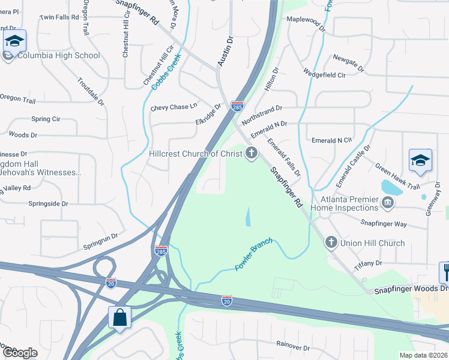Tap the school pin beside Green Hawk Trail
pyautogui.click(x=420, y=161)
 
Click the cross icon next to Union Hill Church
pyautogui.click(x=330, y=243)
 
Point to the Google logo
pyautogui.click(x=20, y=352)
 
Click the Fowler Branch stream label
pyautogui.click(x=254, y=254)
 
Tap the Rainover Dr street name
pyautogui.click(x=292, y=347)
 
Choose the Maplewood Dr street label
pyautogui.click(x=306, y=28)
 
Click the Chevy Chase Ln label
pyautogui.click(x=173, y=107)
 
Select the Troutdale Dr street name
pyautogui.click(x=91, y=92)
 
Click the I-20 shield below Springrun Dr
pyautogui.click(x=111, y=283)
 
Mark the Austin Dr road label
pyautogui.click(x=225, y=51)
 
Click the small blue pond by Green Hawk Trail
pyautogui.click(x=392, y=188)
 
